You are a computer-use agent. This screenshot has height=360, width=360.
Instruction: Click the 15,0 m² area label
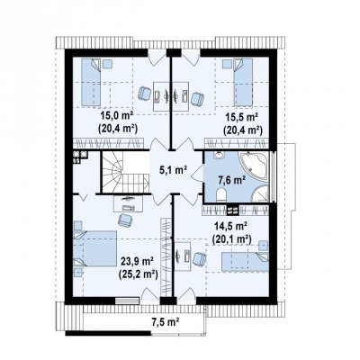[117, 115]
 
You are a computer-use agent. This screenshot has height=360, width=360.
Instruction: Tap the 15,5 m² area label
[242, 117]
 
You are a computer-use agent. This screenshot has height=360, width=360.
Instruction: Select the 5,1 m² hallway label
[173, 170]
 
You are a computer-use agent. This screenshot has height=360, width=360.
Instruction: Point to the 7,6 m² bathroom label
[231, 181]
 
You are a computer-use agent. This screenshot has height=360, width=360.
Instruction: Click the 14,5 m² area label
[231, 225]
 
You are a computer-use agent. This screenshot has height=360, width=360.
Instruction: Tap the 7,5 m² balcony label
[165, 322]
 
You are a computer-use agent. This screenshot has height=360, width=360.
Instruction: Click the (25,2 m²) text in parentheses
[139, 274]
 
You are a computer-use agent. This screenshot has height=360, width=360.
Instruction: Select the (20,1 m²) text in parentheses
[231, 238]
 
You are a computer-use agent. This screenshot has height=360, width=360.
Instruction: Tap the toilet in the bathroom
[221, 195]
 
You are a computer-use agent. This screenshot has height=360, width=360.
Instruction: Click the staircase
[125, 172]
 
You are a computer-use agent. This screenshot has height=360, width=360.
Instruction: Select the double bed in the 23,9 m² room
[94, 248]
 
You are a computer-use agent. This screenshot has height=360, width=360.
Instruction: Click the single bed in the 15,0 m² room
[91, 82]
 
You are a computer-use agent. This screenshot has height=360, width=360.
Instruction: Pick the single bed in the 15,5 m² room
[243, 82]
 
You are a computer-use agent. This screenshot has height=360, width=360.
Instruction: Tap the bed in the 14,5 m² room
[245, 262]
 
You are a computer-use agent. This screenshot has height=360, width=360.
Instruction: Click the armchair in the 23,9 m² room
[125, 220]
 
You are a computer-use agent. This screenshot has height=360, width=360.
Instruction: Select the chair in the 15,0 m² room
[145, 94]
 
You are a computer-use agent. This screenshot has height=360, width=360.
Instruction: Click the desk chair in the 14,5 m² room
[200, 258]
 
